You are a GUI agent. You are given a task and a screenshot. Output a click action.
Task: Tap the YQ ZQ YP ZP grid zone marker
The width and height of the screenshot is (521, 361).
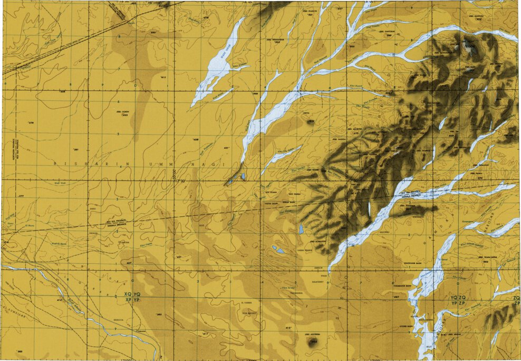pos(458,301)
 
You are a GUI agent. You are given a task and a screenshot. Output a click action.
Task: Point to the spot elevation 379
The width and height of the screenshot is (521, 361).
pos(30,123)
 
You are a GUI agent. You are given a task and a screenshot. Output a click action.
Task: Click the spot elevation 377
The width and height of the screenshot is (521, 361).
pos(21,196)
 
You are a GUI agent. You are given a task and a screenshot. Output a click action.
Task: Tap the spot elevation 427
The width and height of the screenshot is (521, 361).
pos(129,262)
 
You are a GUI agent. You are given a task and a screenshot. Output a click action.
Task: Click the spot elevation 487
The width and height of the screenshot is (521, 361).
pos(395,297)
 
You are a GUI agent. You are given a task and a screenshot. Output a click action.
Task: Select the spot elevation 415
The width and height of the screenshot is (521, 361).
pos(288,328)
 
